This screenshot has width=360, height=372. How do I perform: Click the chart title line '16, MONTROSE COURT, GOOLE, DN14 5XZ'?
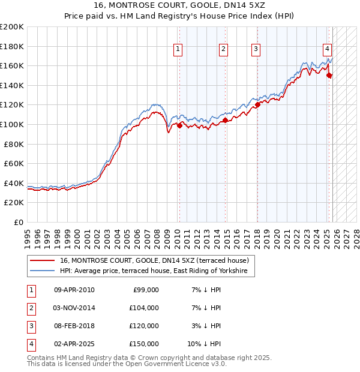(x=181, y=5)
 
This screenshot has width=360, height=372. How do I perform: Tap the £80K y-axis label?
(x=14, y=144)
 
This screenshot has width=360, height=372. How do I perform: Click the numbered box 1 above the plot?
(x=179, y=50)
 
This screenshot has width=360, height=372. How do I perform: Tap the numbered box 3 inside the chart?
(x=256, y=50)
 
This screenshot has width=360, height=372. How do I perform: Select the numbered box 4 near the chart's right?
(x=328, y=50)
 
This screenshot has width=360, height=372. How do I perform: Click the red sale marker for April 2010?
(x=179, y=125)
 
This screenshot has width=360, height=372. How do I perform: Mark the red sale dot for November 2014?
(x=225, y=120)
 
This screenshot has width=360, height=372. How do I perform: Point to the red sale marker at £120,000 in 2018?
(x=257, y=104)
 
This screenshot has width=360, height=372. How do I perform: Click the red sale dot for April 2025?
(x=329, y=75)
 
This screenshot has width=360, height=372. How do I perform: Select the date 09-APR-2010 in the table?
(x=74, y=290)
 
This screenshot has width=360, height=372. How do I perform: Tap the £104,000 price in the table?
(x=144, y=308)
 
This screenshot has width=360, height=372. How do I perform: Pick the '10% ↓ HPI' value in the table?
(x=205, y=344)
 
